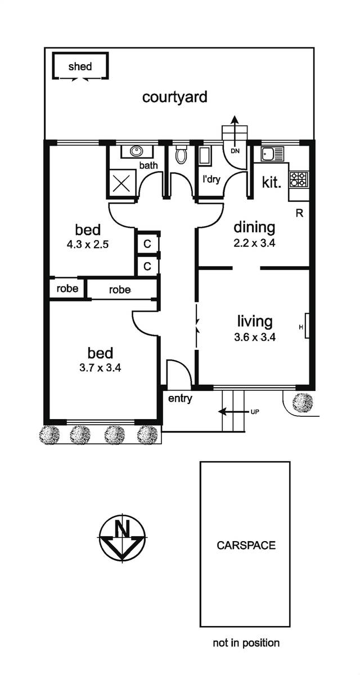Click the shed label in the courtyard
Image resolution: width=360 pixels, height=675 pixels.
coord(80,66)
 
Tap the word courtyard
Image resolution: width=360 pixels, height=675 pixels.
coord(175,97)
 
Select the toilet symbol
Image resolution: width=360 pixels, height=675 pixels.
coord(181,154)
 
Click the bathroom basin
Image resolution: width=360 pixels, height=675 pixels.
coord(137,151)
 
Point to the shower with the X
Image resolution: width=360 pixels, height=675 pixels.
coord(121,183)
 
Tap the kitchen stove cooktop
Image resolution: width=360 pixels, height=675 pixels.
coord(299,179)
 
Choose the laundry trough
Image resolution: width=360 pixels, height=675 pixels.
coord(205,156)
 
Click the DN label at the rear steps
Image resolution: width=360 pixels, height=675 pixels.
coord(235,151)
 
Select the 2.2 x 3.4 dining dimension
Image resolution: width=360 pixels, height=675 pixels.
coord(255,243)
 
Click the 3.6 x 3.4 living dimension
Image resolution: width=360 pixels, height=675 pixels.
coord(255,337)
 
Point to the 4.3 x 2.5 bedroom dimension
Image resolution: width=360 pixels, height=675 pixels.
coord(88,244)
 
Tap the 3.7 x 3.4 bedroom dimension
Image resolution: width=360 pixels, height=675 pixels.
coord(100,368)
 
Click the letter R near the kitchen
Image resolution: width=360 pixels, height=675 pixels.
coord(299,213)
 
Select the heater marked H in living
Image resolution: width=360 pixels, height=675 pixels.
coord(307,326)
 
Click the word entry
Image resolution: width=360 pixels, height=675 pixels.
coord(180,399)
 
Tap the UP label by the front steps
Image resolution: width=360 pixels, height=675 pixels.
coord(255,412)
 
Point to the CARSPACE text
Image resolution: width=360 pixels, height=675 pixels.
coord(246,545)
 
